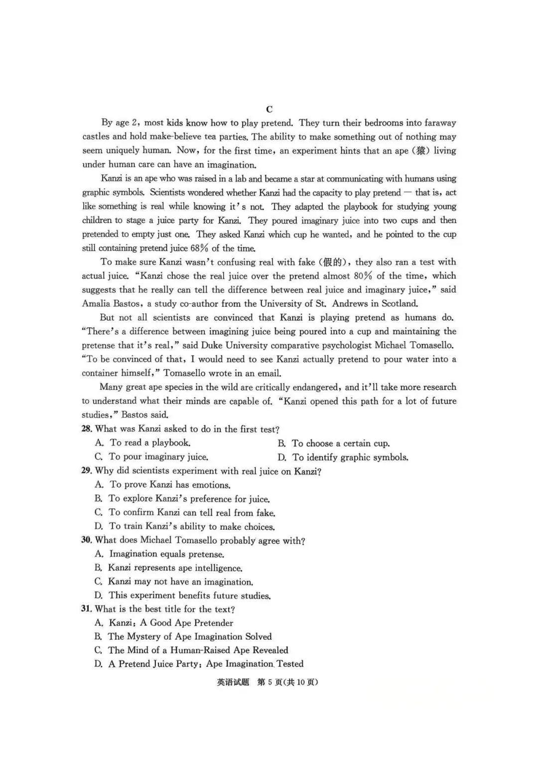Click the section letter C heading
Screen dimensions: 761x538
pos(269,109)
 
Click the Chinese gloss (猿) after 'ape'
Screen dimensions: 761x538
pos(421,151)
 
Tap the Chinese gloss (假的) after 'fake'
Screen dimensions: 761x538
pos(334,262)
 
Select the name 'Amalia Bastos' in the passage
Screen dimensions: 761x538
pos(111,304)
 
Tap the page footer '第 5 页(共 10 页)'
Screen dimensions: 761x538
pos(287,682)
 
